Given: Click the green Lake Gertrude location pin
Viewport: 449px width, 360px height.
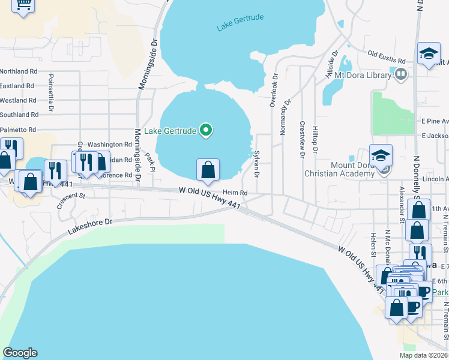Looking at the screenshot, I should [206, 130].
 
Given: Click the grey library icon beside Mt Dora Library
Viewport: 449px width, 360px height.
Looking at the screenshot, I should [402, 74].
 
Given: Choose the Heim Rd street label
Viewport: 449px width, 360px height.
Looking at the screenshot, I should [235, 193].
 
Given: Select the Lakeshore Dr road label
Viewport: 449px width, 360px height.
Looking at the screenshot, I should [90, 226].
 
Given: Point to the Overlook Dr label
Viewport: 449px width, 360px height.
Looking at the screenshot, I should [274, 91].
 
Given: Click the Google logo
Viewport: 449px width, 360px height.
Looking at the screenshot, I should [20, 353].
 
